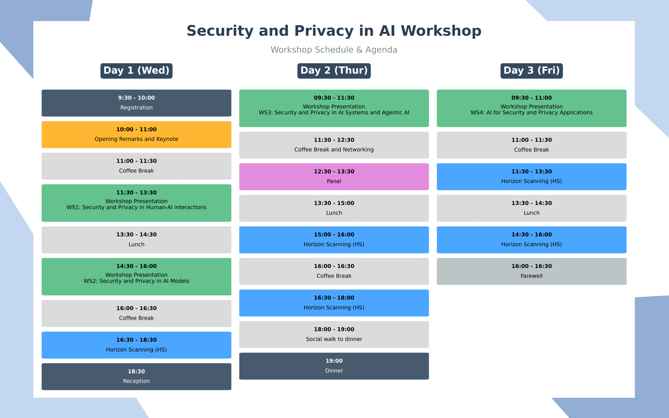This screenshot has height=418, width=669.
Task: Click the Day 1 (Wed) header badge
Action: [x=136, y=71]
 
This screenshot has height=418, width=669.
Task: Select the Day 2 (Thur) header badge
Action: [x=334, y=71]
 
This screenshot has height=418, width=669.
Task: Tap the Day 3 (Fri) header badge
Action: [x=531, y=71]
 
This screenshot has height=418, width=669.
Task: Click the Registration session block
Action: [x=136, y=103]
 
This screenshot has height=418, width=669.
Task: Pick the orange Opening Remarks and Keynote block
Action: [x=136, y=135]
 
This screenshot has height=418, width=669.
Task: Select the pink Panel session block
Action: [x=334, y=177]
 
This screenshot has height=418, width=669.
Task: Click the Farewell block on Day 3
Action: [x=531, y=272]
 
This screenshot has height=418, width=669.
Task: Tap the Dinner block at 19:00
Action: [x=334, y=366]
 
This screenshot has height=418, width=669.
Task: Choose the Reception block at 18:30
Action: [x=136, y=376]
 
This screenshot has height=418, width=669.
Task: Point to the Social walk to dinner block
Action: [x=334, y=335]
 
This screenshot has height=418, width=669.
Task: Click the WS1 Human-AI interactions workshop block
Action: [x=136, y=203]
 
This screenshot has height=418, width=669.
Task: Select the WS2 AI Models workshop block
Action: [x=136, y=277]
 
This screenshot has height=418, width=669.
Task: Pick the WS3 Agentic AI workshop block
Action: [x=334, y=108]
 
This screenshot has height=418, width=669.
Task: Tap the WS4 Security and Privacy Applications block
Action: [x=531, y=108]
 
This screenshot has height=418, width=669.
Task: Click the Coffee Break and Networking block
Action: [x=334, y=145]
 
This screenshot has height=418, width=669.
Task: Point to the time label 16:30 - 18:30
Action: [x=136, y=340]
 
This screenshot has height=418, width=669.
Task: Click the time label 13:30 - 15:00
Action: [x=334, y=203]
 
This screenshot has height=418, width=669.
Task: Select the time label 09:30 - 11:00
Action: [x=531, y=98]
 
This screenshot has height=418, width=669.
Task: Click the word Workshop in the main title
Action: [x=441, y=31]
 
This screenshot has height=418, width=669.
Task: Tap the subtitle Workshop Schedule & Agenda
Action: [x=334, y=50]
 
